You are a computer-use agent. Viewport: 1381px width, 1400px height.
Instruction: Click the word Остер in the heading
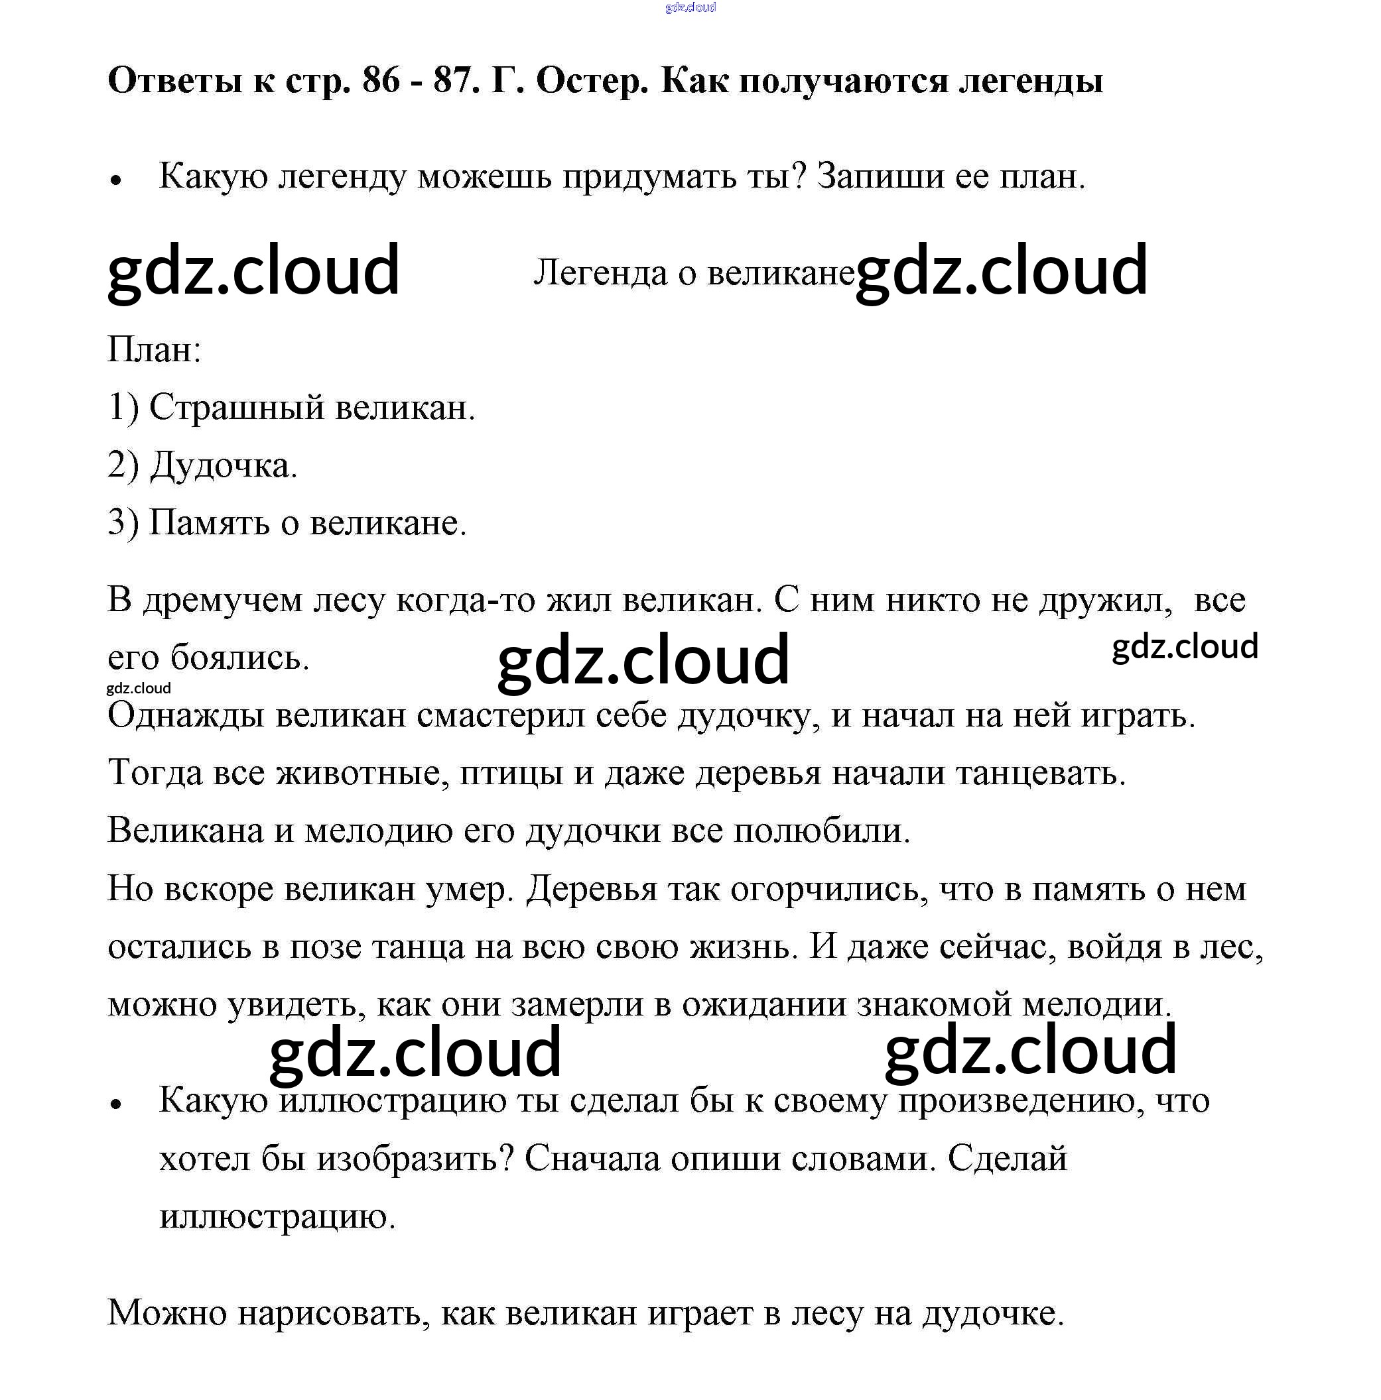(x=592, y=80)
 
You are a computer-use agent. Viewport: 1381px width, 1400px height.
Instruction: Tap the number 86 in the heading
(x=381, y=80)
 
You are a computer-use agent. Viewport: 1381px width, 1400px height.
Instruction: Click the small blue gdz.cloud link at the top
(x=689, y=7)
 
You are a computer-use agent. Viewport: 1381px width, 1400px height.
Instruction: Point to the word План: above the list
(x=154, y=349)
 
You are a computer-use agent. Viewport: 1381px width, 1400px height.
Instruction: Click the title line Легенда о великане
(x=693, y=273)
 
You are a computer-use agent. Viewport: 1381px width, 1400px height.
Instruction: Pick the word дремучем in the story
(x=222, y=600)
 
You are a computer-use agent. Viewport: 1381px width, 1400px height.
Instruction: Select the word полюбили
(x=822, y=831)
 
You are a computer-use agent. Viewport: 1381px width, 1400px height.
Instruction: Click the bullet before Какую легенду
(x=115, y=180)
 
